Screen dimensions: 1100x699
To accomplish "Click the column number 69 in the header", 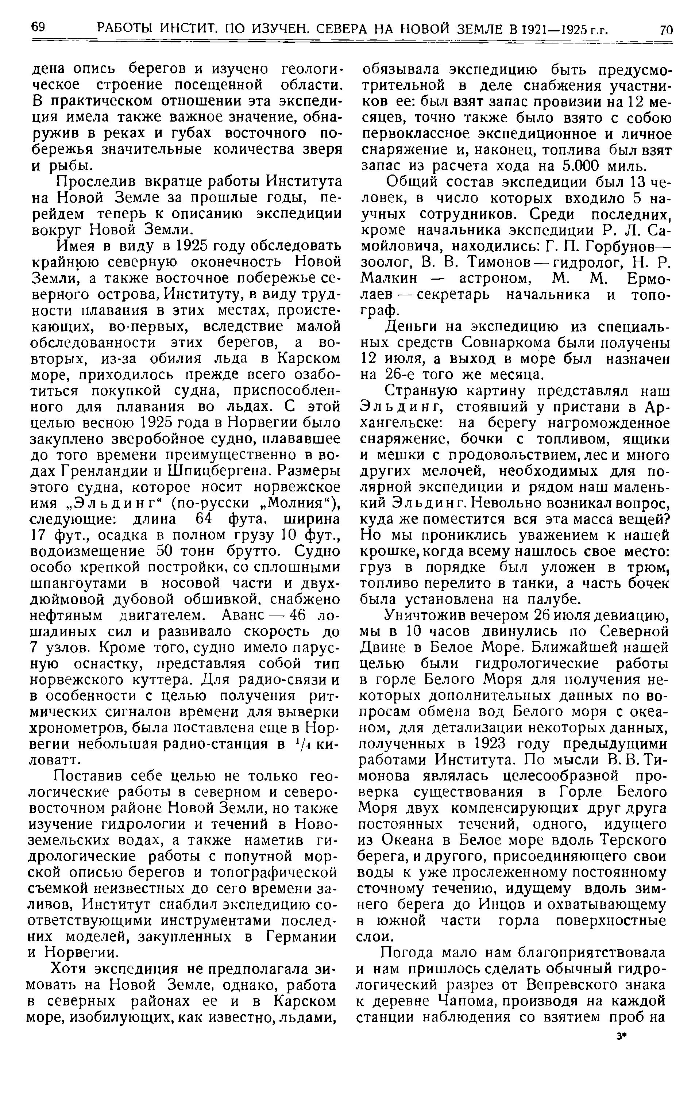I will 38,28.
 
